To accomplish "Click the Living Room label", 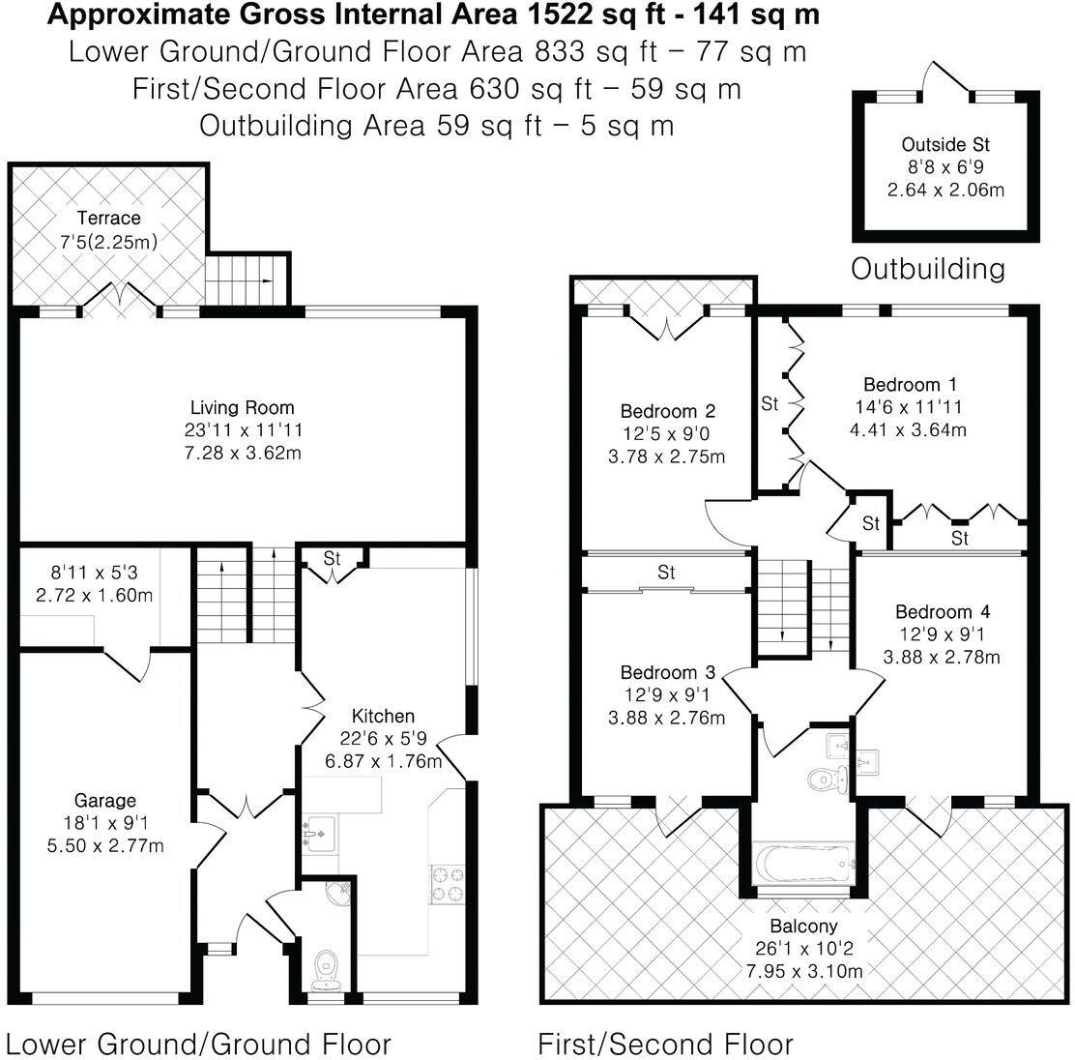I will (x=242, y=407).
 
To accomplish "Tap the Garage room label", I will (x=105, y=800).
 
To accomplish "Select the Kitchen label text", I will (x=383, y=716).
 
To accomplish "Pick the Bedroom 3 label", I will (x=667, y=672).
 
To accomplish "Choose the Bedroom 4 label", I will (x=942, y=611).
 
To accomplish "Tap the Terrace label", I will (x=108, y=218).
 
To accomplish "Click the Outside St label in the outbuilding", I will (x=945, y=144).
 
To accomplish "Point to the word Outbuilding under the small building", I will (x=927, y=269).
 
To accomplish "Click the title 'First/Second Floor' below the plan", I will (x=665, y=1045).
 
